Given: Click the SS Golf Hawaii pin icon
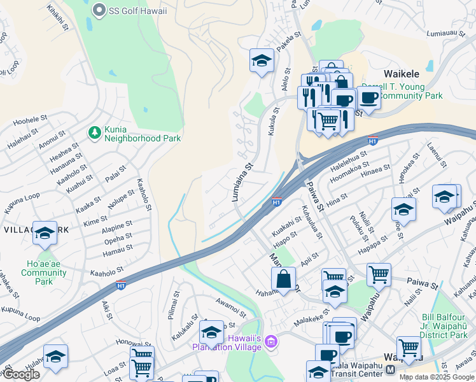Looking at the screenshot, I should coord(99,10).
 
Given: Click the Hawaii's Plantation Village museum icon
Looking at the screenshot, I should coord(272,343).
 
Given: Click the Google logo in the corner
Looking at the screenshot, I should coord(20,374).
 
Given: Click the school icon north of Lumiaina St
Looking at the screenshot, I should coord(262,61).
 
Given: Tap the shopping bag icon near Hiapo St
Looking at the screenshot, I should coord(283,278).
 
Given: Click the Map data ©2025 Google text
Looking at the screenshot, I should coord(436,377).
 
